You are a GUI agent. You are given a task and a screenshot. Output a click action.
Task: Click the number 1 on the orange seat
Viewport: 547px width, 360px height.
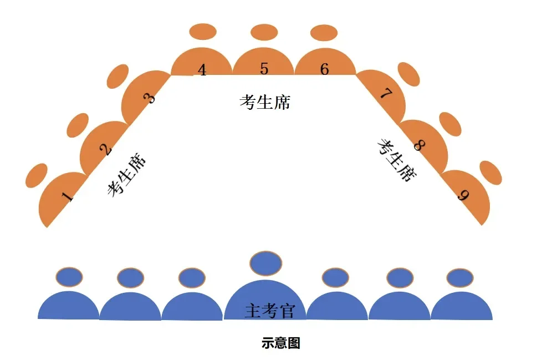(67, 197)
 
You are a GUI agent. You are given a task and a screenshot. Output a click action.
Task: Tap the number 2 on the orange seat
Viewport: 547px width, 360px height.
(105, 149)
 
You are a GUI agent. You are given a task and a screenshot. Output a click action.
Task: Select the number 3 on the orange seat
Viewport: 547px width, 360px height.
(149, 99)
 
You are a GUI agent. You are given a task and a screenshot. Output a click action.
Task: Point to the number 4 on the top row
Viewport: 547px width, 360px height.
(202, 70)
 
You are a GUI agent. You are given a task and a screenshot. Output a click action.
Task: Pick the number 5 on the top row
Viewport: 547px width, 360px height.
(264, 69)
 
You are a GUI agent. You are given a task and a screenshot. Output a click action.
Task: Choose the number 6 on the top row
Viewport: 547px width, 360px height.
(325, 69)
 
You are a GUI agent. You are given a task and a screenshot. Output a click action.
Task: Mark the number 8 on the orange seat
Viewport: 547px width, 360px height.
(419, 145)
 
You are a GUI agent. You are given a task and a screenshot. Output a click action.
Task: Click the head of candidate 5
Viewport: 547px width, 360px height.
(264, 33)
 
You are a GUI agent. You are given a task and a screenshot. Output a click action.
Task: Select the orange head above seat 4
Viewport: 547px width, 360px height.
(202, 32)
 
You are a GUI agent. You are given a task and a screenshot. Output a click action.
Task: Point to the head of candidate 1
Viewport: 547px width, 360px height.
(37, 175)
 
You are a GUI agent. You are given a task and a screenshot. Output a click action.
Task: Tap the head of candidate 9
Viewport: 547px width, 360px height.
(490, 173)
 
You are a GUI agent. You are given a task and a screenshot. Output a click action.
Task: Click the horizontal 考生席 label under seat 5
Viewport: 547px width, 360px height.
(265, 102)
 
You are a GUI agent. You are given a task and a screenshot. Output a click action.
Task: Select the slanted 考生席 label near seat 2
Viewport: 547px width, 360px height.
(127, 175)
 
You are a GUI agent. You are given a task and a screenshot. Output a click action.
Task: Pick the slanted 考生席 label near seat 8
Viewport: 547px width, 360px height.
(397, 160)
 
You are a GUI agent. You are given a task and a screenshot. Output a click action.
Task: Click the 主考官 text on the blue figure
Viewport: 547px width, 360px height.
(269, 311)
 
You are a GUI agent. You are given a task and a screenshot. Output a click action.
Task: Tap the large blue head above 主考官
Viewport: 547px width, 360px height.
(267, 263)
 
